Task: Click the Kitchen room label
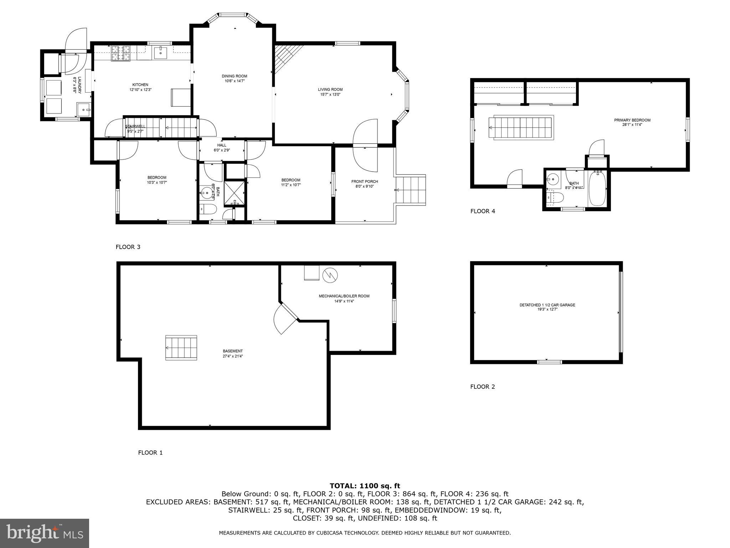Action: click(140, 85)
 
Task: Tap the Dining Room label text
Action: click(234, 76)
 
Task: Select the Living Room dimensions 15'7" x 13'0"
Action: click(330, 95)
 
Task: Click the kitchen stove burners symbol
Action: click(120, 53)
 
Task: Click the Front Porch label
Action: click(364, 182)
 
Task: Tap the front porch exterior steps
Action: click(411, 190)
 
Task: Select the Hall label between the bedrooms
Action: click(222, 145)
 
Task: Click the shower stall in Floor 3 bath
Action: click(235, 194)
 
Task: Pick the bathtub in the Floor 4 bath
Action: click(597, 188)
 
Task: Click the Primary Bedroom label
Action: click(632, 120)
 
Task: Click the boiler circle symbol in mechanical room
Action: click(330, 275)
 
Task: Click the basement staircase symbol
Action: click(181, 348)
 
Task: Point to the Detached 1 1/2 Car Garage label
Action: click(547, 305)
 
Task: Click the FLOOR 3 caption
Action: click(128, 247)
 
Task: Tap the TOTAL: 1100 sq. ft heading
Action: click(365, 486)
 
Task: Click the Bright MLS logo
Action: click(45, 533)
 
